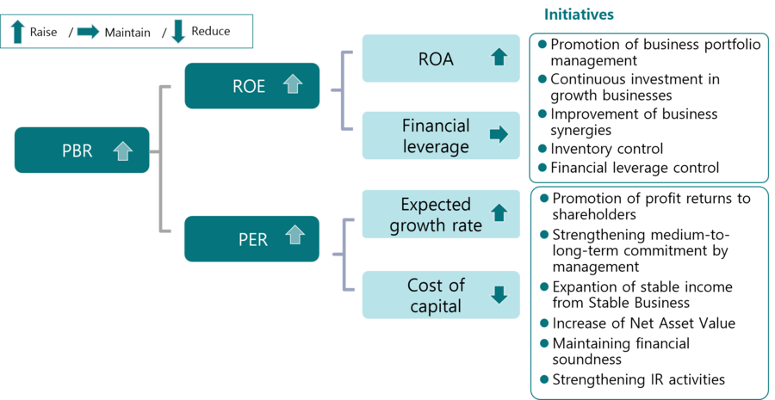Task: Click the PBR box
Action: tap(82, 151)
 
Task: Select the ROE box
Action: tap(251, 85)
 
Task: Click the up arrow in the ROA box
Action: tap(499, 58)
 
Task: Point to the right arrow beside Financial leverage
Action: tap(499, 134)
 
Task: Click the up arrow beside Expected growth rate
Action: tap(499, 212)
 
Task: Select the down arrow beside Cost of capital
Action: tap(499, 294)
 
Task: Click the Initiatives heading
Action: tap(580, 15)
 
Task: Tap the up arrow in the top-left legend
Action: tap(18, 32)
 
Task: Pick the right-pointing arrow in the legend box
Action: tap(88, 32)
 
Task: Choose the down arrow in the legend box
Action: tap(178, 32)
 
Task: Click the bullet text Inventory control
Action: tap(606, 149)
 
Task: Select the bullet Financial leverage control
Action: tap(634, 168)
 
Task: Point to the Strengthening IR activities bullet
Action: tap(638, 379)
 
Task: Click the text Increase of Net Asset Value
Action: tap(643, 323)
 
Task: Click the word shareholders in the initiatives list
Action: tap(593, 214)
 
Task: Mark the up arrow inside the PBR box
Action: tap(123, 151)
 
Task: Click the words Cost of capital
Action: tap(436, 295)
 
